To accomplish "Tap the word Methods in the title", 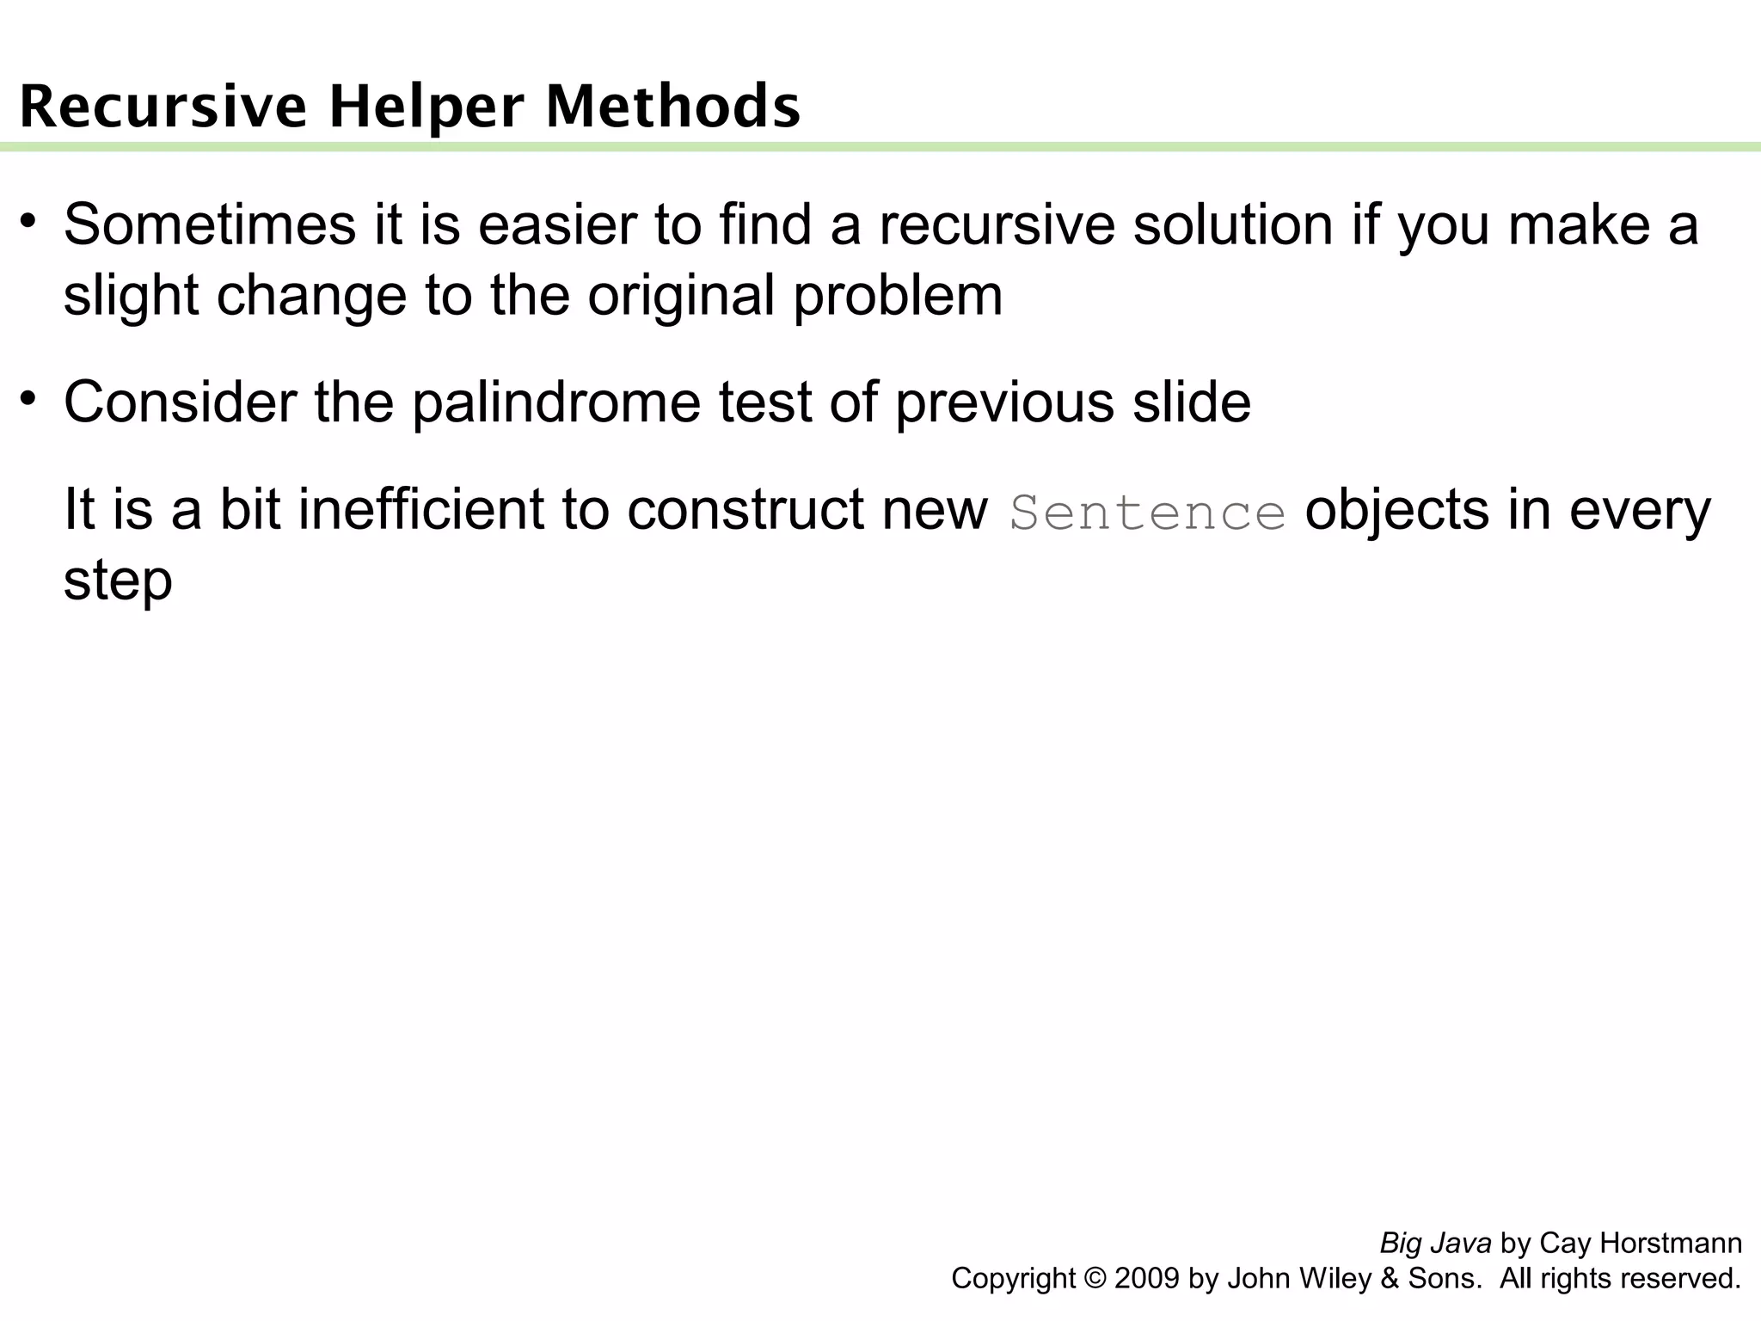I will (x=673, y=107).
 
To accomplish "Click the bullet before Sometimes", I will (x=28, y=219).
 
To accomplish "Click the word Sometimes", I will (x=210, y=225).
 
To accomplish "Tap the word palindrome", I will (x=556, y=403).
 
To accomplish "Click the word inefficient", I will (x=421, y=510).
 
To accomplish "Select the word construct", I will (x=745, y=510).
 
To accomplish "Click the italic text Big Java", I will (x=1435, y=1244).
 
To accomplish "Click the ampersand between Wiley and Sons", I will (x=1390, y=1279).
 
